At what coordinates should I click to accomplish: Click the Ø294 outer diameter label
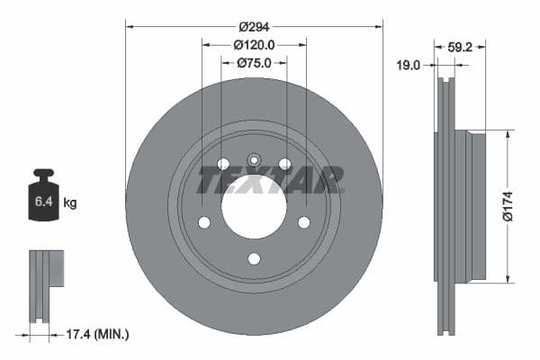click(254, 27)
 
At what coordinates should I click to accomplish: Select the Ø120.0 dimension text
click(254, 45)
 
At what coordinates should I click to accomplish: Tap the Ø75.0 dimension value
click(254, 63)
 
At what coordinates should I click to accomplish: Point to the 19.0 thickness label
click(409, 65)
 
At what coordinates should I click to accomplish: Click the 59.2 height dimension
click(461, 47)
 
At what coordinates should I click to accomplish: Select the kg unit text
click(70, 203)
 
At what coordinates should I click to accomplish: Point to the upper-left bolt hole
click(223, 164)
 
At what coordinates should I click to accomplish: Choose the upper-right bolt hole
click(284, 164)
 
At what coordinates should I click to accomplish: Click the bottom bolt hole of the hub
click(254, 259)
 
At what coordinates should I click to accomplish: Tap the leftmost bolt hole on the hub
click(204, 222)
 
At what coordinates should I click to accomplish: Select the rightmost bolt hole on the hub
click(303, 222)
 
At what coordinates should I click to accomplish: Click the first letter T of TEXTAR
click(210, 181)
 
